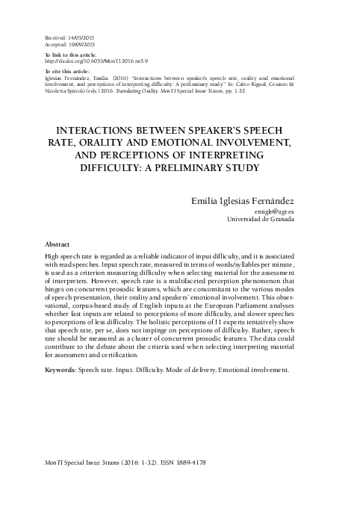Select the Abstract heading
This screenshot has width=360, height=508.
tap(58, 244)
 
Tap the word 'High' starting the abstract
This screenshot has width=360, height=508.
tap(54, 256)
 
